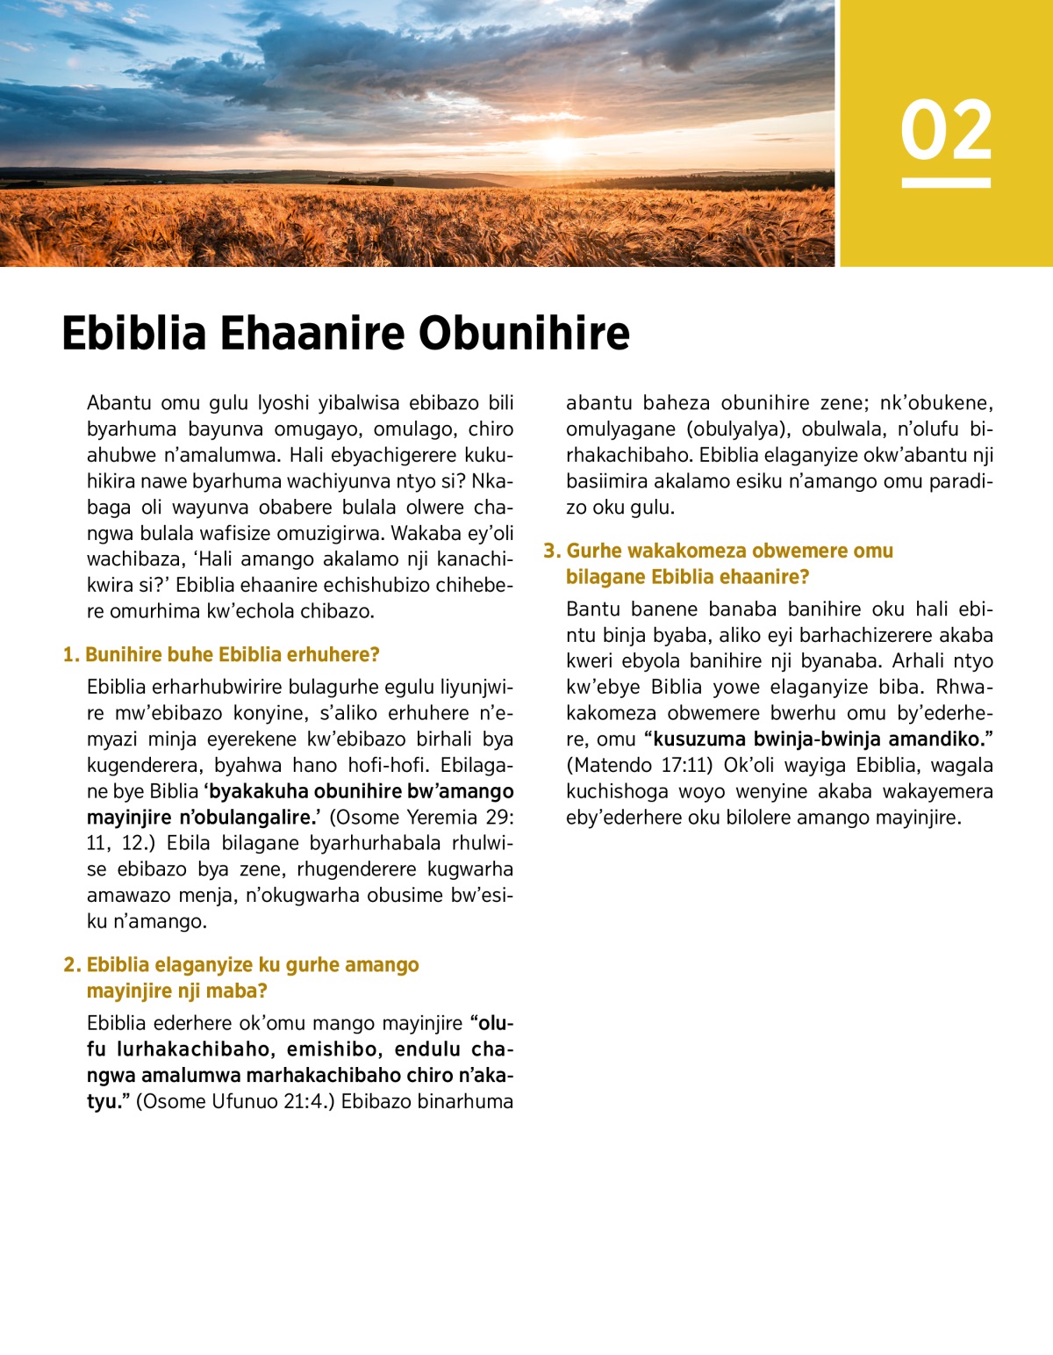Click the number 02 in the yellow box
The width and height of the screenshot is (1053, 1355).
tap(946, 131)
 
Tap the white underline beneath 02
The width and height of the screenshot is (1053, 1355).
tap(946, 183)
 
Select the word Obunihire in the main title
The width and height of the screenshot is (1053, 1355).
tap(524, 334)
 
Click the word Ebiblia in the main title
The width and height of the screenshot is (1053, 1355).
tap(133, 334)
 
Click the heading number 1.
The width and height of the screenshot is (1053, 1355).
tap(70, 655)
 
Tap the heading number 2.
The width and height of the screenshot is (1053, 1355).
tap(71, 965)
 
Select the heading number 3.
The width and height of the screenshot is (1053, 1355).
tap(551, 551)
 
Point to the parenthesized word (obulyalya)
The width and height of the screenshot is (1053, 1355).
tap(737, 429)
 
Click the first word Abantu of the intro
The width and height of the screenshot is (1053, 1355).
tap(118, 403)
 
